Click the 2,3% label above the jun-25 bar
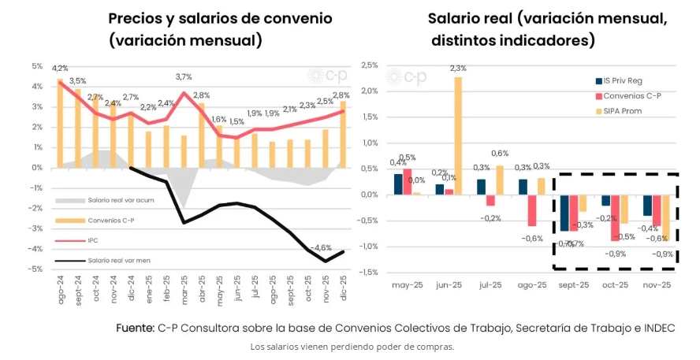pyautogui.click(x=457, y=69)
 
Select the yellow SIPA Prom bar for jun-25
pyautogui.click(x=457, y=135)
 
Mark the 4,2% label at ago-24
pyautogui.click(x=60, y=69)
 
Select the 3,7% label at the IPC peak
pyautogui.click(x=184, y=77)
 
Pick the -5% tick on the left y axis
pyautogui.click(x=36, y=269)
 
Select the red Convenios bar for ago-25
pyautogui.click(x=532, y=210)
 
